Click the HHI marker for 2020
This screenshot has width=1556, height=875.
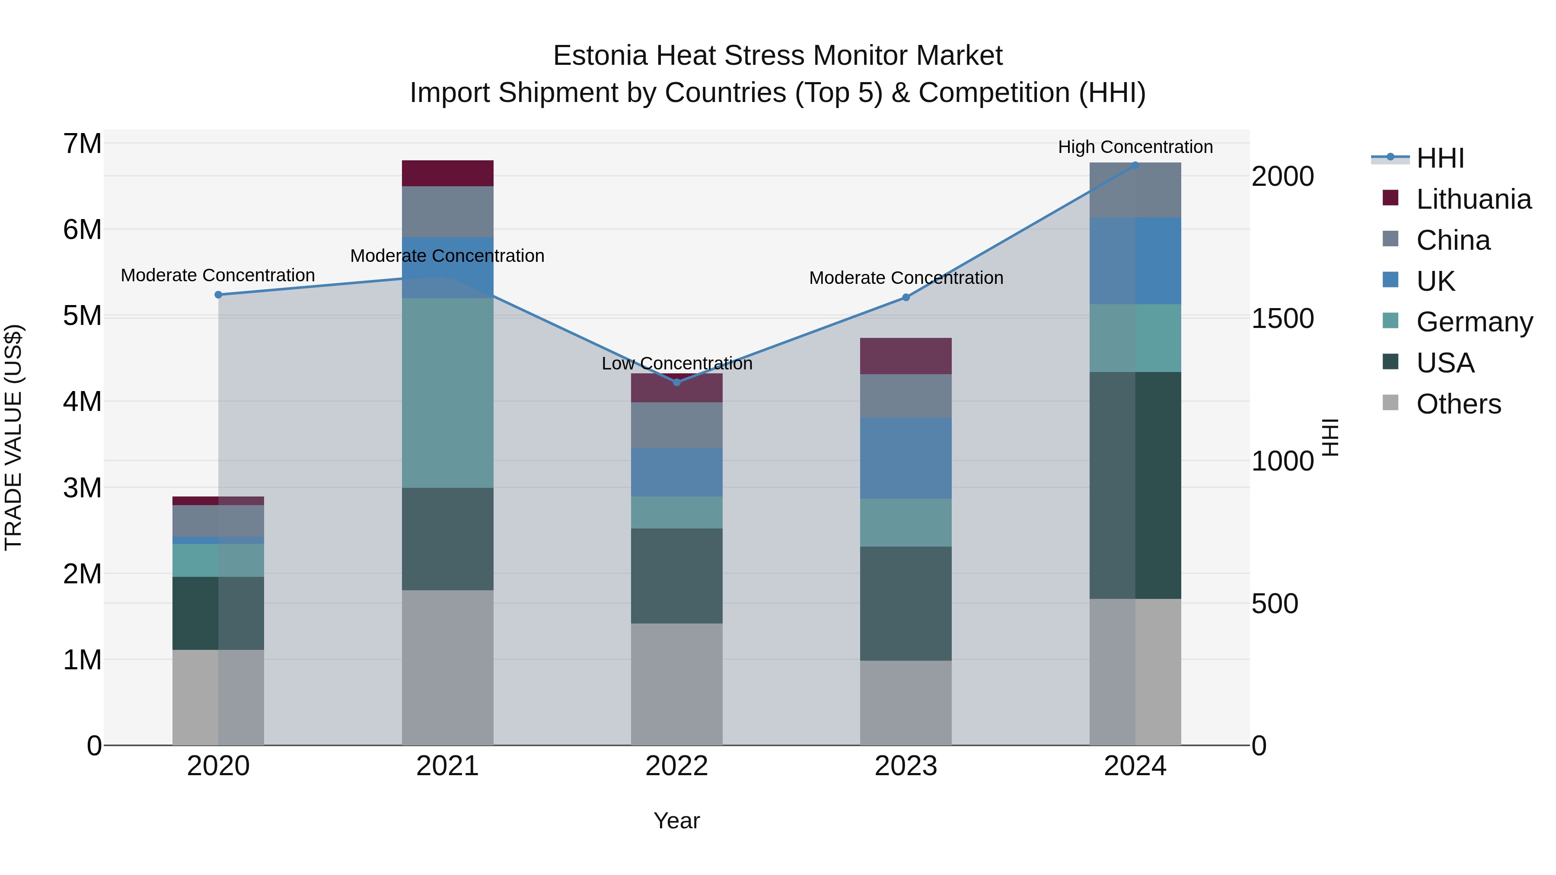tap(219, 295)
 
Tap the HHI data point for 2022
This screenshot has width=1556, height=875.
tap(676, 382)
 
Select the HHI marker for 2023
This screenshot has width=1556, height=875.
tap(906, 297)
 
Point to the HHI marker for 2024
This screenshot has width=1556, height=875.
tap(1135, 165)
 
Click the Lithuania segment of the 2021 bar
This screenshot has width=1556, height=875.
tap(448, 173)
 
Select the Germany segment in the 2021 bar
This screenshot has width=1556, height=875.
tap(448, 392)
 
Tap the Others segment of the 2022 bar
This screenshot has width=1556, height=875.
tap(676, 684)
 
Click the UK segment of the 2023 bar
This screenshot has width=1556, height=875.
tap(906, 458)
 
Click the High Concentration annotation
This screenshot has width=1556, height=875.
tap(1135, 147)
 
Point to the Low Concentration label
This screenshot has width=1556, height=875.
tap(676, 363)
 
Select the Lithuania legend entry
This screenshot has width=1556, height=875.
tap(1474, 199)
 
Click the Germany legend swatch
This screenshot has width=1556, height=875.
tap(1390, 321)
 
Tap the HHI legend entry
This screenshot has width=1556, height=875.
tap(1440, 158)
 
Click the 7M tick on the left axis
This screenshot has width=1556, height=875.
tap(82, 144)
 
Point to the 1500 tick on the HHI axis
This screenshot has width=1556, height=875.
tap(1282, 319)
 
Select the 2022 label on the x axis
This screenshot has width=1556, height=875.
tap(676, 766)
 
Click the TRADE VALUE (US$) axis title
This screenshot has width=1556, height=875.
tap(13, 437)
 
